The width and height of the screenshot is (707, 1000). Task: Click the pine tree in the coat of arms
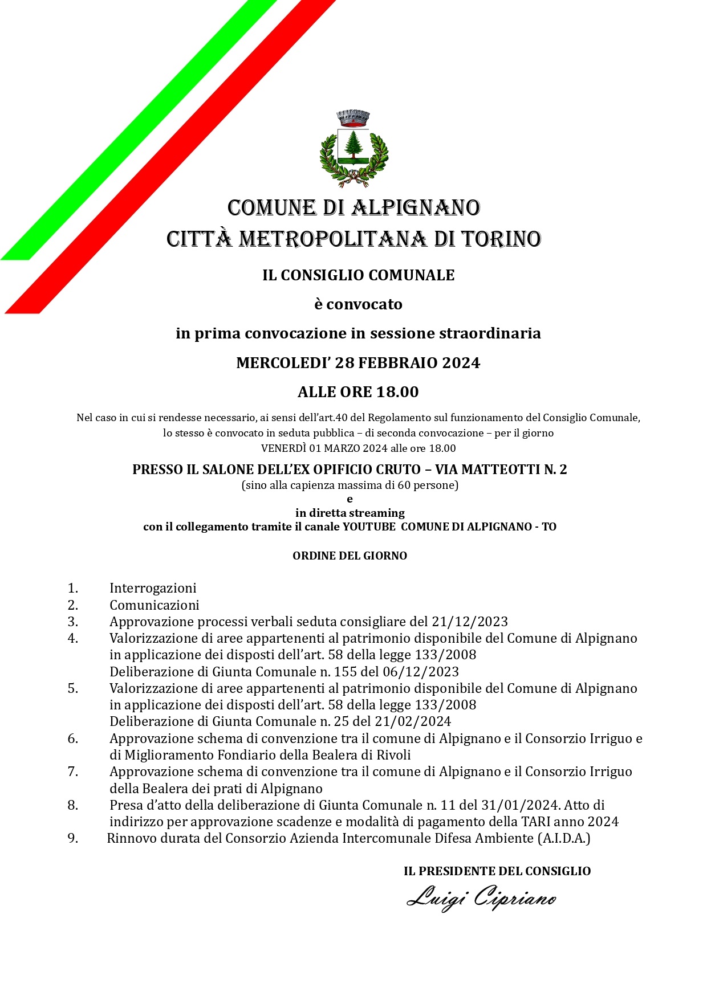click(x=353, y=143)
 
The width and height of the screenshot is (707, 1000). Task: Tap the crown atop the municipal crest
click(x=353, y=118)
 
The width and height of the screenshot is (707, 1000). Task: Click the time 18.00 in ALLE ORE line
click(x=397, y=392)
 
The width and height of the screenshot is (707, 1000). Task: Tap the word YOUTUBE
click(x=369, y=526)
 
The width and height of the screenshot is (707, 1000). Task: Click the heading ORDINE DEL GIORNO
click(x=350, y=556)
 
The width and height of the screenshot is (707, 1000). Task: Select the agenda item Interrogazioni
click(x=153, y=588)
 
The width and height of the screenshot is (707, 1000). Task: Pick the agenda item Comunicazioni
click(x=155, y=605)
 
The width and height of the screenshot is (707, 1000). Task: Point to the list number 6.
click(x=72, y=738)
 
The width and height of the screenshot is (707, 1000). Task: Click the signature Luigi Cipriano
click(x=481, y=899)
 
